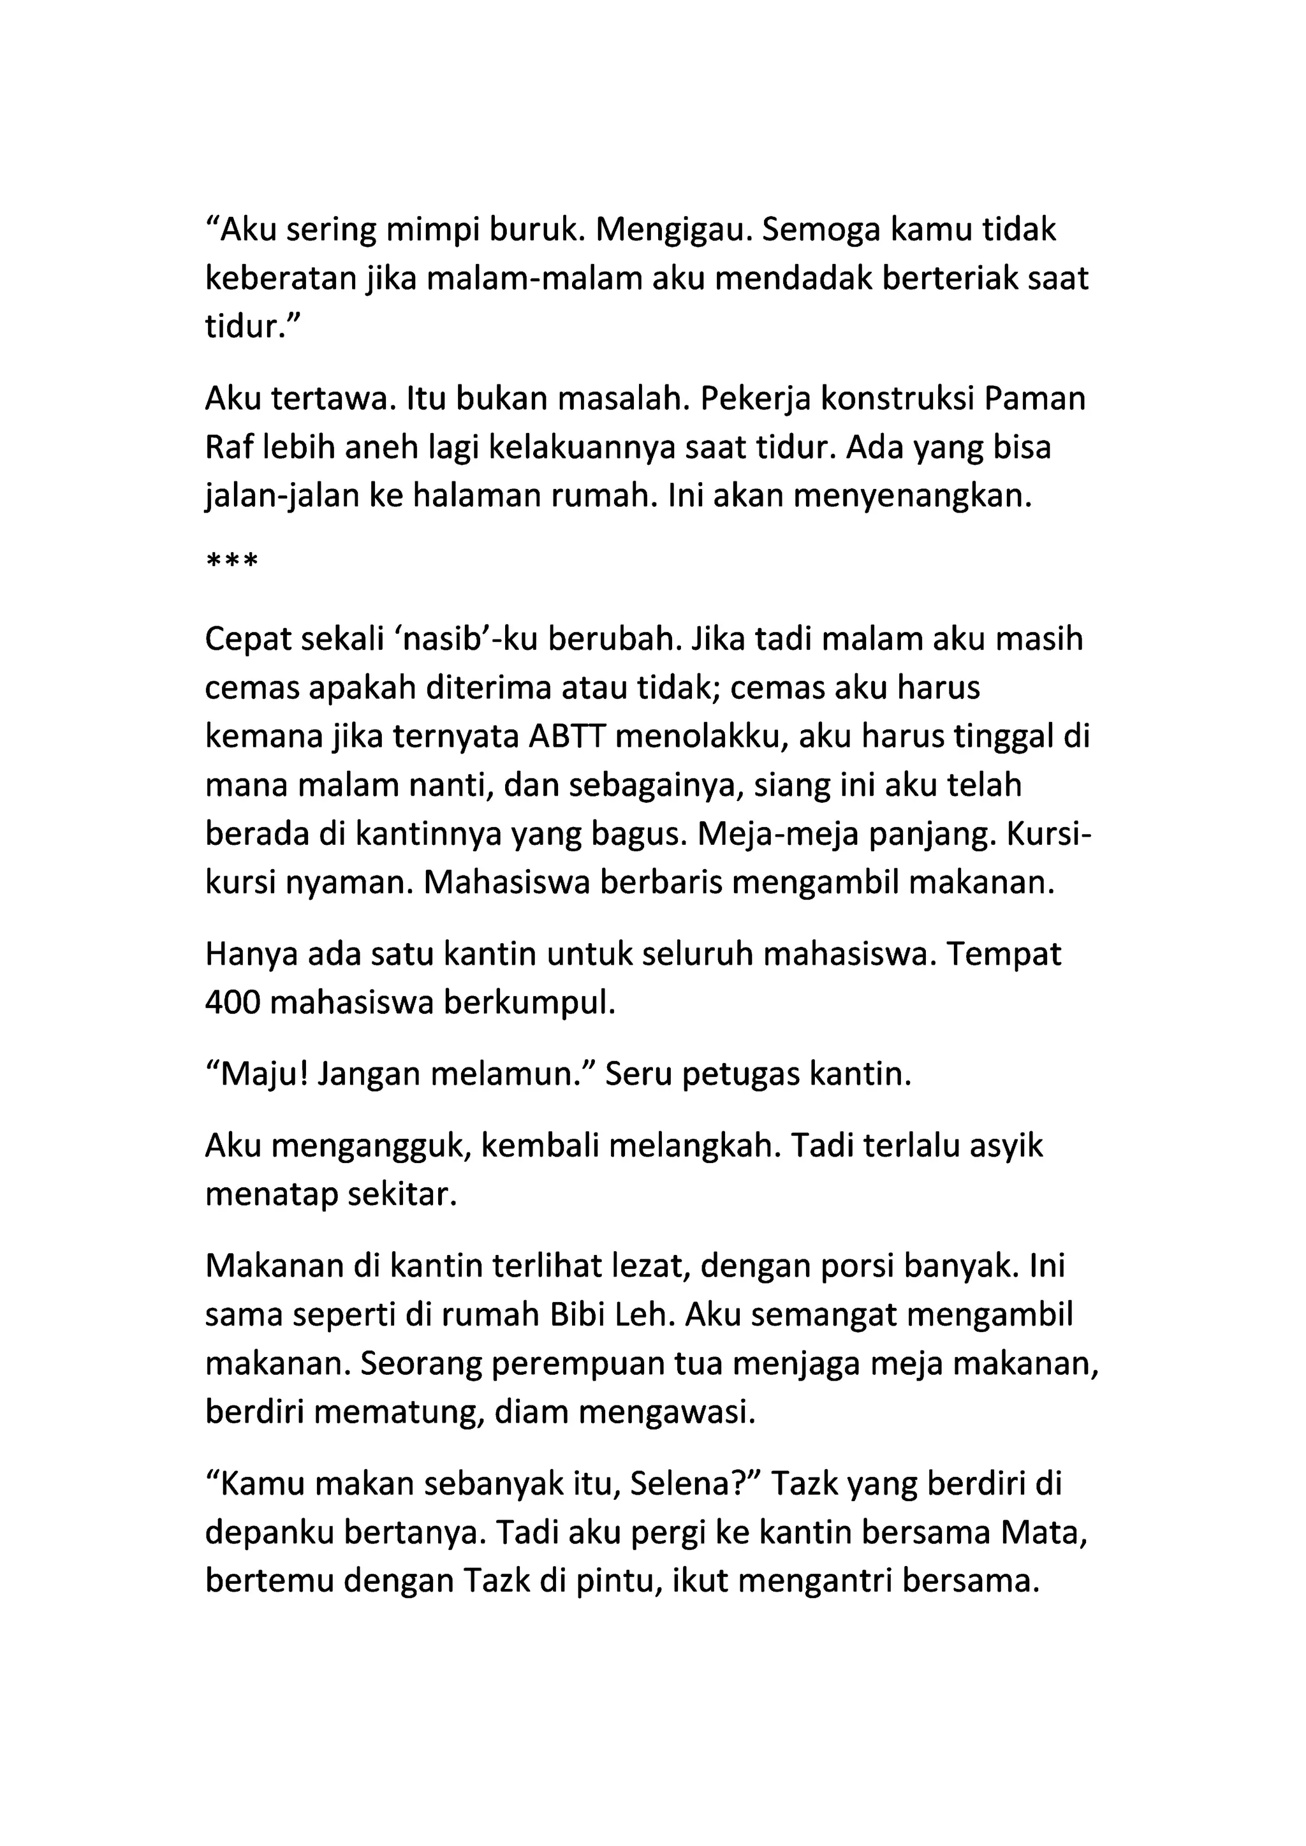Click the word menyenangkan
912,496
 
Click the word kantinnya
429,834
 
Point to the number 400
233,1004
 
